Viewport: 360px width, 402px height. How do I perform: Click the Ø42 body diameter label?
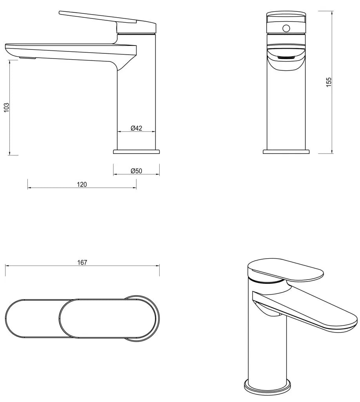point(136,128)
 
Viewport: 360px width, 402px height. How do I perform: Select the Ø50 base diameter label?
point(136,171)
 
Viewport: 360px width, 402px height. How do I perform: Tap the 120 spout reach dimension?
point(82,185)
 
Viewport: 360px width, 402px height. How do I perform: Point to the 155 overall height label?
point(329,82)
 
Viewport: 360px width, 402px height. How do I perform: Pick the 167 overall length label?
point(82,263)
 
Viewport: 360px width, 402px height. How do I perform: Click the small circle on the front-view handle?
point(286,28)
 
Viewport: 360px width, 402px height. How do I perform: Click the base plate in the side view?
point(136,151)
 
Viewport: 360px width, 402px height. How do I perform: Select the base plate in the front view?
point(286,151)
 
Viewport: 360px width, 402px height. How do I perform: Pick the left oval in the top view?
point(33,318)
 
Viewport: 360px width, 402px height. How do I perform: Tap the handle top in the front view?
point(286,16)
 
